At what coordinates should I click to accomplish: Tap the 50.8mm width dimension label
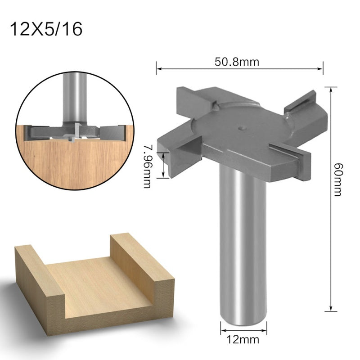(239, 62)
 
